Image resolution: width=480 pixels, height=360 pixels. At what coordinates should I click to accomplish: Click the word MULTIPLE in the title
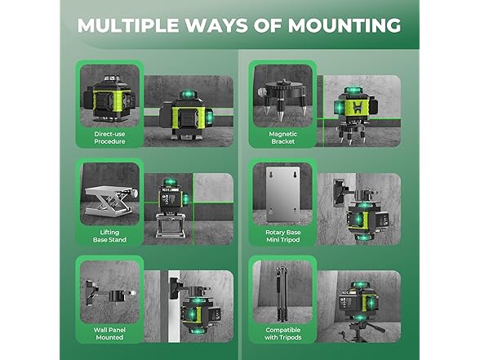coord(128,25)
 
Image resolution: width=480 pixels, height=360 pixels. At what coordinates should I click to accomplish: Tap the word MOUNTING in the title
coord(344,25)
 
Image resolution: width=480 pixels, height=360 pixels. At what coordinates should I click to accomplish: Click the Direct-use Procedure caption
coord(109,138)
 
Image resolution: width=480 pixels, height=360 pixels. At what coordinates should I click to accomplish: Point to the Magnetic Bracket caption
coord(282,138)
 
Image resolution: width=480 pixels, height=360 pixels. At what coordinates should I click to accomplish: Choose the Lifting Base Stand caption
coord(109,236)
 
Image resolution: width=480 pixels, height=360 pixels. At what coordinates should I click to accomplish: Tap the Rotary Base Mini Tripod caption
coord(282,236)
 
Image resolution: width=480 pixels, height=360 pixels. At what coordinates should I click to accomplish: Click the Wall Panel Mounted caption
coord(109,334)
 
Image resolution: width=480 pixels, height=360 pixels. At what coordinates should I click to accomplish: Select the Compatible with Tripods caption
coord(282,334)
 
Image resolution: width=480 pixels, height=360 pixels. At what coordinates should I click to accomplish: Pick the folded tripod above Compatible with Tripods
coord(281,294)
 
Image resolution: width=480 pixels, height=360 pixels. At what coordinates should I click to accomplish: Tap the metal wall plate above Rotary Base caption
coord(282,194)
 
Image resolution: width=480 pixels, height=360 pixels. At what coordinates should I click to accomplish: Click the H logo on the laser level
coord(358,108)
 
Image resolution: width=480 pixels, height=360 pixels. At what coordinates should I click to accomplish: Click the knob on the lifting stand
coord(134,193)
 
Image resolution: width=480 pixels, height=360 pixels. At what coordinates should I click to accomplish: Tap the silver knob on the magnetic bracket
coord(262,91)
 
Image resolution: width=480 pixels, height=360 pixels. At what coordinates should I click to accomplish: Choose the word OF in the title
coord(268,25)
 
